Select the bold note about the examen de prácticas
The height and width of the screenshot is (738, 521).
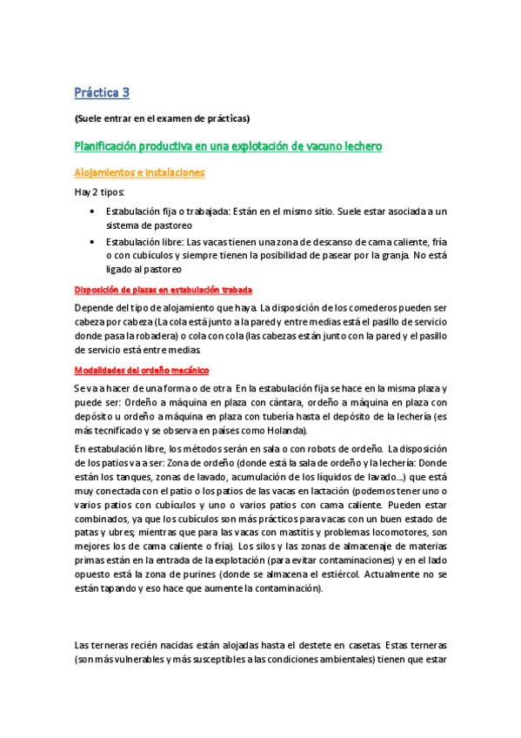(163, 118)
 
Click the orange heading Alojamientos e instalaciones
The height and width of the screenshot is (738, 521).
(139, 172)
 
